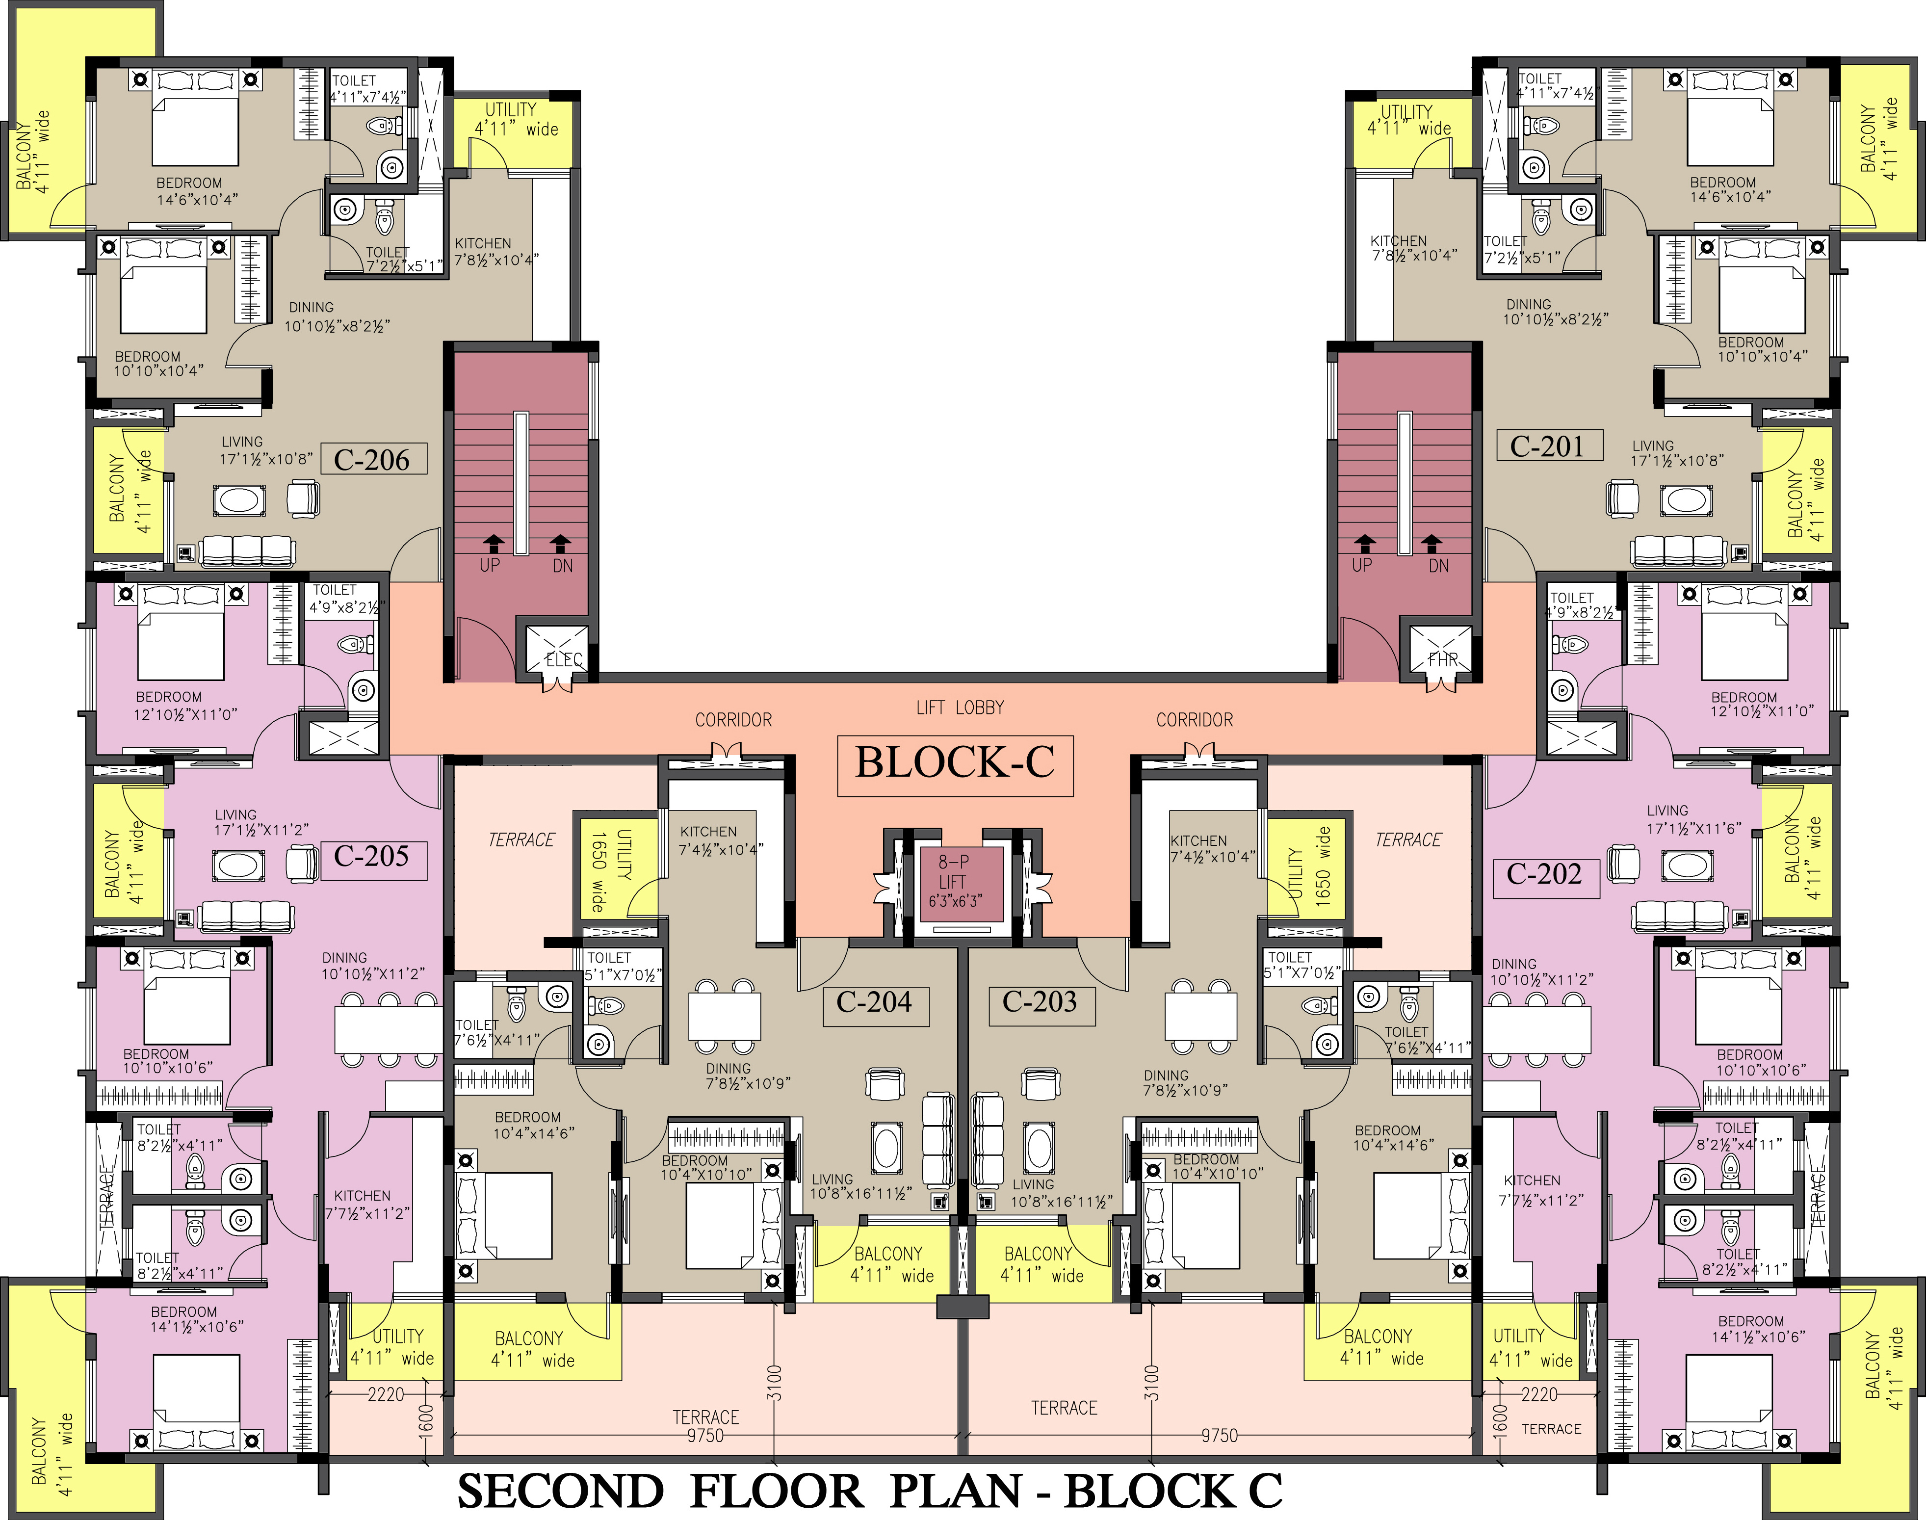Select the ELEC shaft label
(x=563, y=659)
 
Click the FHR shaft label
(x=1442, y=659)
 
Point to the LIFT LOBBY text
(x=960, y=708)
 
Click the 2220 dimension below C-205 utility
(x=386, y=1394)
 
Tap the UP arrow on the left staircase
(x=492, y=542)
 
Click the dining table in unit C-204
(x=724, y=1016)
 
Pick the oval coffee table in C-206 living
(x=238, y=500)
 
